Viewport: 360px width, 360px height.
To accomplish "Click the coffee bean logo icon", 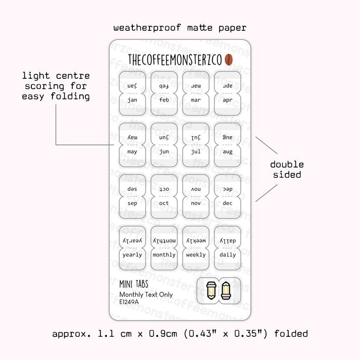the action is pos(228,60).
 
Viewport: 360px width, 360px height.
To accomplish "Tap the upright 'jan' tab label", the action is pos(132,100).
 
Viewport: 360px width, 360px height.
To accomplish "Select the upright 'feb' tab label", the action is pos(164,99).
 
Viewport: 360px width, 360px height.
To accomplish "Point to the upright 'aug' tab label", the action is pos(228,152).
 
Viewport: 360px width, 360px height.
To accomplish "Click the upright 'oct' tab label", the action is pos(164,203).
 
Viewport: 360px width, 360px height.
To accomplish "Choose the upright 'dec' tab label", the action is pos(228,203).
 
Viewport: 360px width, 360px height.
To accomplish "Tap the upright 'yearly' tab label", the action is pos(132,255).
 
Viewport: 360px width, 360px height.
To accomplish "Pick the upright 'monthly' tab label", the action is pos(164,255).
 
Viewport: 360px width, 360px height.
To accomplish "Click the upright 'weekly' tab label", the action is pos(196,255).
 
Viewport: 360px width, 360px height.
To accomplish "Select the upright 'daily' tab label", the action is pos(228,255).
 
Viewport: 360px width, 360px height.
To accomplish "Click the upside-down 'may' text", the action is pos(132,137).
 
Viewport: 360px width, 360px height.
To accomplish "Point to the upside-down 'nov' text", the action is pos(196,189).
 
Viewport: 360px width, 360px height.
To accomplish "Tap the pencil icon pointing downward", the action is pos(211,290).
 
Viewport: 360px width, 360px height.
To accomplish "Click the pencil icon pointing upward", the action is pos(226,290).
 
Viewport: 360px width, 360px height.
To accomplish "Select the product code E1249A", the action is pos(129,302).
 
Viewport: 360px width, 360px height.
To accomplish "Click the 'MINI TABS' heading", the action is pos(134,284).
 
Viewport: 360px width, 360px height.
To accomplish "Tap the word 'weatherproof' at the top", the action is pos(147,28).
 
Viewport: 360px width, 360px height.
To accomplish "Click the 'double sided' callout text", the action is pos(287,170).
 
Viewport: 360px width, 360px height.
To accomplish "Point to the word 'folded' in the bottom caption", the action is pos(291,334).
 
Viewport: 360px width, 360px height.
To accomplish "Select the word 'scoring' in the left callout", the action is pos(44,86).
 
